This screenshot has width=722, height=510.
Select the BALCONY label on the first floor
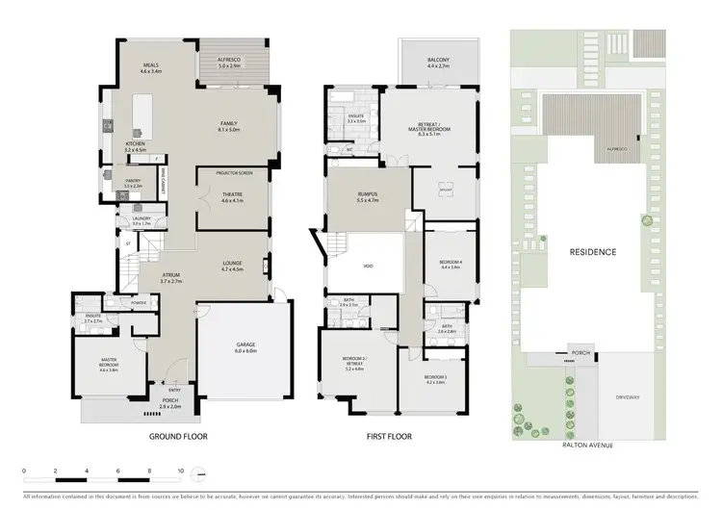pos(440,62)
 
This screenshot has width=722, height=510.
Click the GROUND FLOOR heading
pos(178,435)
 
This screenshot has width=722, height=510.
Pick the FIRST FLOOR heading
pos(390,435)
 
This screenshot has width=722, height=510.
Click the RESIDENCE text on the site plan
pos(592,251)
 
